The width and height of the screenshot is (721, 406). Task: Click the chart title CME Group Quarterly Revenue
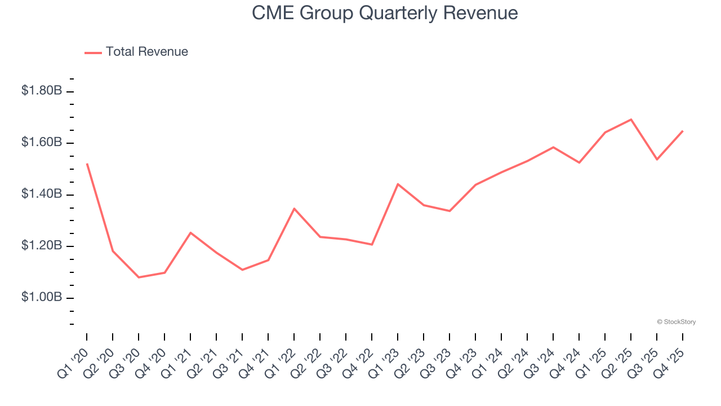click(x=385, y=12)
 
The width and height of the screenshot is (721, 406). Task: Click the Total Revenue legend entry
click(x=146, y=52)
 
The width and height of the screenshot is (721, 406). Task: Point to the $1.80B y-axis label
click(x=42, y=90)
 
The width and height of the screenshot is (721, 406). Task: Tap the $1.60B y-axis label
click(x=42, y=142)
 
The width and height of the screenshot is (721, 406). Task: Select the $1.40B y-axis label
click(x=42, y=194)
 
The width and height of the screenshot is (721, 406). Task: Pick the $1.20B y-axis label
click(x=42, y=246)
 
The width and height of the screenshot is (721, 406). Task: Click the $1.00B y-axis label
click(x=42, y=297)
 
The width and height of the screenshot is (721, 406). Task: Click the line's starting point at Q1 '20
click(x=87, y=164)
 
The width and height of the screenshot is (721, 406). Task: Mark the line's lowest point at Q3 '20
click(x=139, y=277)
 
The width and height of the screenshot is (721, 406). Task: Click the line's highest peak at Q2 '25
click(x=631, y=119)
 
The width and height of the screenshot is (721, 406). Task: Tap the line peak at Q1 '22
click(x=294, y=209)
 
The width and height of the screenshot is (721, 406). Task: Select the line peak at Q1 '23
click(x=398, y=184)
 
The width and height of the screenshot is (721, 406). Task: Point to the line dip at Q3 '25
click(x=657, y=160)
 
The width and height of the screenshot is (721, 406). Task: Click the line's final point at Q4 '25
click(x=683, y=131)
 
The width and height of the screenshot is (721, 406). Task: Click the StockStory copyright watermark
click(x=676, y=322)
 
